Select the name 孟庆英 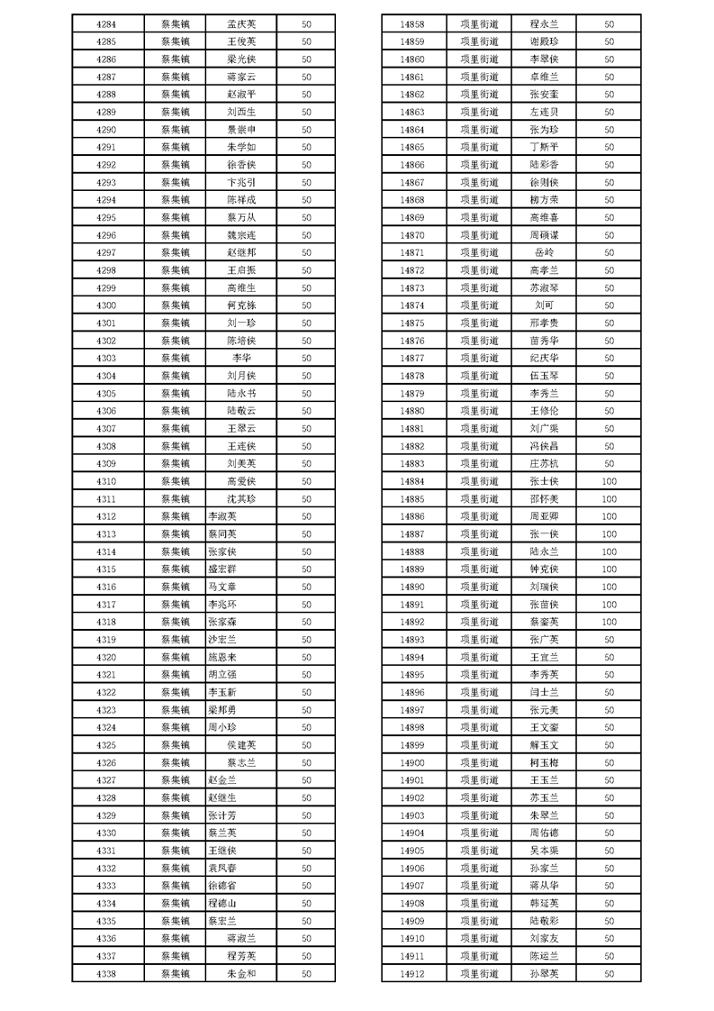point(241,23)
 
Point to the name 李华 point(241,359)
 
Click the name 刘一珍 point(241,323)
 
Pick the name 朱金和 point(241,974)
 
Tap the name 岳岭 point(544,252)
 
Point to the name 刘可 point(544,305)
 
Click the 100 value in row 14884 point(609,481)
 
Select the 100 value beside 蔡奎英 point(609,622)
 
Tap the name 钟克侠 point(544,569)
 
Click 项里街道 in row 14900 point(478,763)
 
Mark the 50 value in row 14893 point(609,640)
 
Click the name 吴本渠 point(544,851)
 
